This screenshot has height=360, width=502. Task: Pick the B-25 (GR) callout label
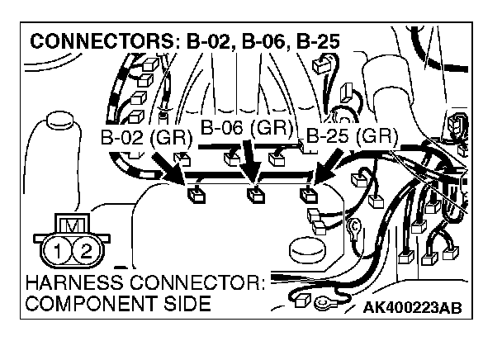click(x=351, y=136)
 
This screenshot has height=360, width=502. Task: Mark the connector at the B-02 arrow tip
click(x=197, y=195)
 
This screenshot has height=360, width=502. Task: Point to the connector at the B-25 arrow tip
click(x=309, y=196)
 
